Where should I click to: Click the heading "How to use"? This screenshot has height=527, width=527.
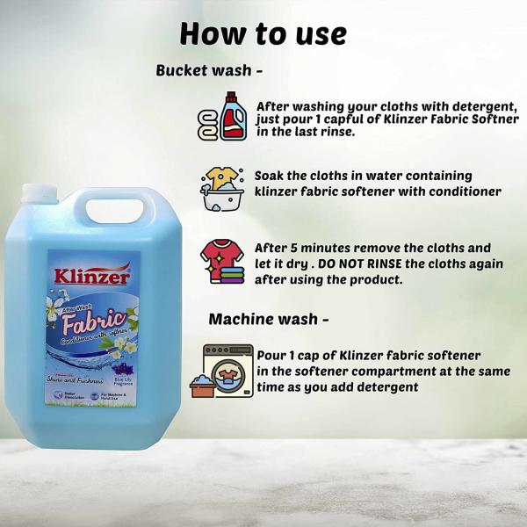pyautogui.click(x=263, y=33)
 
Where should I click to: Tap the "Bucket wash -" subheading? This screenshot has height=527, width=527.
pyautogui.click(x=209, y=70)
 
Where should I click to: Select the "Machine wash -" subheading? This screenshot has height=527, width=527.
pyautogui.click(x=268, y=319)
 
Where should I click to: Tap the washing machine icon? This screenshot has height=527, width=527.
pyautogui.click(x=227, y=370)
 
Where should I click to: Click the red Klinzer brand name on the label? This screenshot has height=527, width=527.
pyautogui.click(x=91, y=276)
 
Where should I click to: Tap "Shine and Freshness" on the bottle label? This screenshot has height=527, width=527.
pyautogui.click(x=76, y=380)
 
